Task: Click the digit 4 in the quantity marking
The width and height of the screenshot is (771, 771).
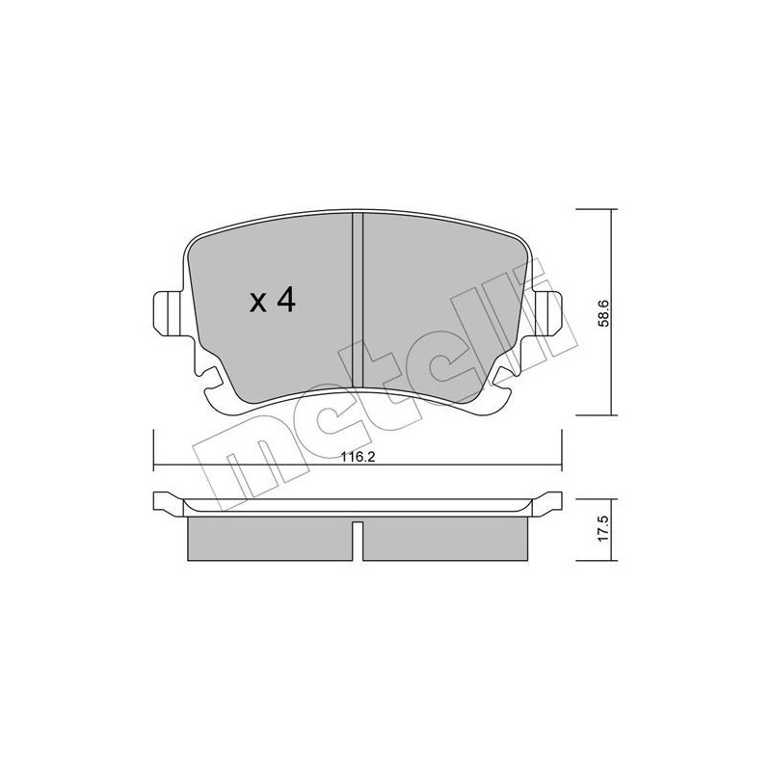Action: (x=284, y=301)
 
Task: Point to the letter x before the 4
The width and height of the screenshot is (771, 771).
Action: (x=258, y=304)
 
